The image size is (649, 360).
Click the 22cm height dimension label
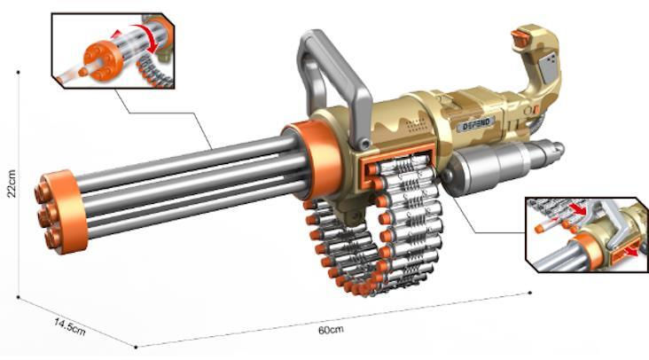[12, 184]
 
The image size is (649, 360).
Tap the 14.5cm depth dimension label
[70, 326]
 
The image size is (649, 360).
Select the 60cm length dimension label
[331, 330]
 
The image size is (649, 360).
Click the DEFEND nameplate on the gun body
[476, 124]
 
